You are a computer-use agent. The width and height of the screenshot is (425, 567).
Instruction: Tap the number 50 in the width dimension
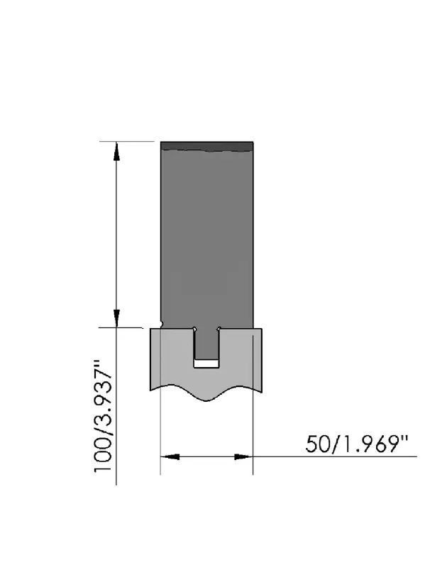click(x=317, y=444)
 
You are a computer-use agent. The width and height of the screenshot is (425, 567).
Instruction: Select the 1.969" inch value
click(x=372, y=444)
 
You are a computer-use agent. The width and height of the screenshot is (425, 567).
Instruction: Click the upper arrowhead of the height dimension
click(x=116, y=151)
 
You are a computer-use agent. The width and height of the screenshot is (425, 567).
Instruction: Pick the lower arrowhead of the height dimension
click(x=116, y=318)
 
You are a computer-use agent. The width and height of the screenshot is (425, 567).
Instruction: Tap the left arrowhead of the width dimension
click(x=170, y=456)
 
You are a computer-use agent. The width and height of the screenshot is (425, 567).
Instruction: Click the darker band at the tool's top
click(x=206, y=146)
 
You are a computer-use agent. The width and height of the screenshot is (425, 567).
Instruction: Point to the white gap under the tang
click(x=206, y=364)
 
